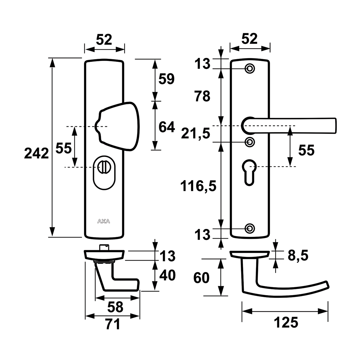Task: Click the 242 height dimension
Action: tap(37, 153)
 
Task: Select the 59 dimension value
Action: tap(166, 79)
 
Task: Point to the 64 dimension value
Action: tap(167, 127)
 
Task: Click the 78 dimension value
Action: tap(202, 96)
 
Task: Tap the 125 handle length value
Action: tap(286, 322)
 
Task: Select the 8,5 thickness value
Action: tap(298, 255)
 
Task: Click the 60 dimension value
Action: tap(201, 278)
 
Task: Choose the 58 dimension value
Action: tap(115, 307)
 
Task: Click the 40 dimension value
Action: tap(167, 276)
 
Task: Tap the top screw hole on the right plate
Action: tap(250, 69)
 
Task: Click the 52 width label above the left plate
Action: tap(104, 40)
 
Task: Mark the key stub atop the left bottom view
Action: tap(103, 247)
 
